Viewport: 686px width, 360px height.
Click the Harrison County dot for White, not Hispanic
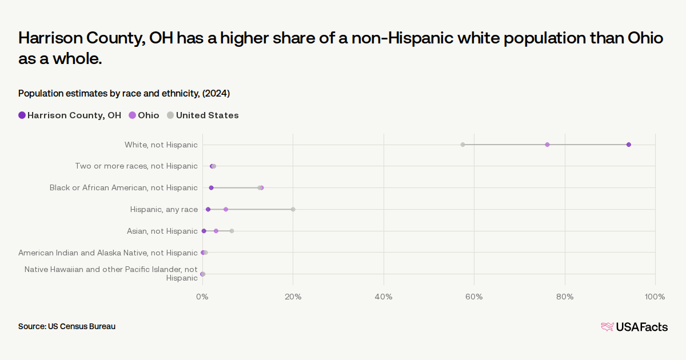(629, 145)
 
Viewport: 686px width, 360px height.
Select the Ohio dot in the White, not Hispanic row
(547, 145)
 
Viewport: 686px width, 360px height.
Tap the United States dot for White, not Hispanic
(462, 145)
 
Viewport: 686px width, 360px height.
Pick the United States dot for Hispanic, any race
(293, 209)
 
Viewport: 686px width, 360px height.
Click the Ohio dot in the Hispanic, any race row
(226, 209)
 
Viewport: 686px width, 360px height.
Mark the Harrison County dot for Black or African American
(211, 187)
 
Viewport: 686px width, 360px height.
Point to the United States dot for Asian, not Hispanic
(232, 231)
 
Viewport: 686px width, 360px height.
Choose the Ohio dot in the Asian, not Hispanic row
(216, 231)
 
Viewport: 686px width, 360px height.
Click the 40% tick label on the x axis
(384, 297)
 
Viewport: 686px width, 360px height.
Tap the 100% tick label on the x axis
(655, 297)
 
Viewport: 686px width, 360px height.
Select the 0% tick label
(202, 297)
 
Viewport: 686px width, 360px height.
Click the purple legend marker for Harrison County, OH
(22, 115)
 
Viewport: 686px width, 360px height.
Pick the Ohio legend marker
(132, 115)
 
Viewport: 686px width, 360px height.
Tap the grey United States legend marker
(170, 115)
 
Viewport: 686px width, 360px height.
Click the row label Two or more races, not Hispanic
(136, 166)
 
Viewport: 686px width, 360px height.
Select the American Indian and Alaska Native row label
(108, 253)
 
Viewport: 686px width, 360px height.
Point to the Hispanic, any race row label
(164, 209)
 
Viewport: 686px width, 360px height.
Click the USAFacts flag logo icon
(607, 327)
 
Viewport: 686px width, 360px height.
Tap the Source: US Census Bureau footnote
(67, 326)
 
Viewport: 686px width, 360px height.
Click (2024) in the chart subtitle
(216, 93)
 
